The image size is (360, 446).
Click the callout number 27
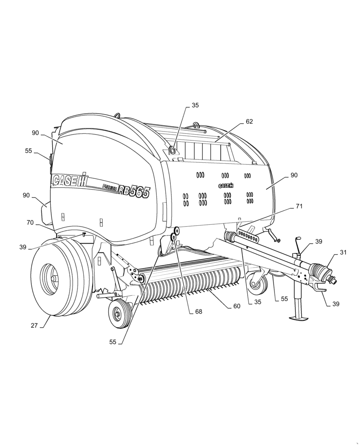click(x=34, y=326)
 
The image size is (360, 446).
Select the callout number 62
click(x=249, y=121)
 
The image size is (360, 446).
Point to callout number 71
click(x=299, y=206)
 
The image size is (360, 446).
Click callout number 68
click(x=198, y=312)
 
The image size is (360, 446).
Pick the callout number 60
click(x=236, y=306)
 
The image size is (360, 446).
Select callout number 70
click(x=30, y=222)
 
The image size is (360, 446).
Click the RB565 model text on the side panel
click(x=134, y=195)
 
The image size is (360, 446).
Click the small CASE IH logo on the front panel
click(x=226, y=186)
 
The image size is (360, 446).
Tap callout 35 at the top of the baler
click(x=195, y=106)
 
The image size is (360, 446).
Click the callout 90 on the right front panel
click(x=294, y=175)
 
